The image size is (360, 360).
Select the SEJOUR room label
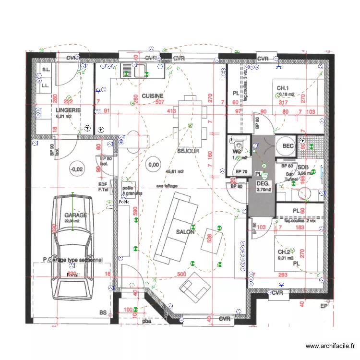pyautogui.click(x=188, y=151)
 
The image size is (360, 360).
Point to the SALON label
pyautogui.click(x=185, y=231)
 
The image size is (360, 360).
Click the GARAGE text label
pyautogui.click(x=76, y=215)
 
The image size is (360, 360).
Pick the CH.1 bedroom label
pyautogui.click(x=283, y=88)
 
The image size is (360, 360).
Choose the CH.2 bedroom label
pyautogui.click(x=283, y=252)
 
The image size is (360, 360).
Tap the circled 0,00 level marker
pyautogui.click(x=154, y=165)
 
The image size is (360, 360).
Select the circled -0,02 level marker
pyautogui.click(x=76, y=169)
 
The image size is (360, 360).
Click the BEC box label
pyautogui.click(x=288, y=146)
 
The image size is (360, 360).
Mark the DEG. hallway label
pyautogui.click(x=262, y=183)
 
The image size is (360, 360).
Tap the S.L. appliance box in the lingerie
pyautogui.click(x=47, y=70)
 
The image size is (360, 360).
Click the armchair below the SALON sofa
pyautogui.click(x=195, y=287)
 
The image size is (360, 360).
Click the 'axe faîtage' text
pyautogui.click(x=166, y=185)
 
